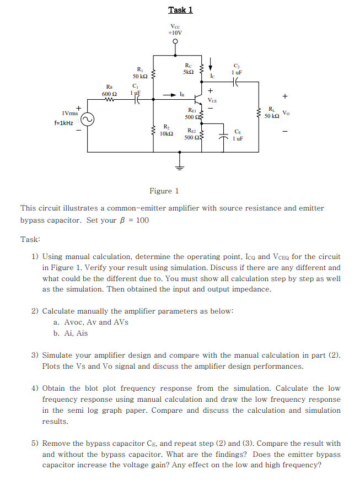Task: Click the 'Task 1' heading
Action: pyautogui.click(x=180, y=10)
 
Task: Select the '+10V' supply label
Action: pyautogui.click(x=175, y=33)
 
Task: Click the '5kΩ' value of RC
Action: pyautogui.click(x=188, y=72)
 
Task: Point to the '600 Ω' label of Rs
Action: pyautogui.click(x=109, y=93)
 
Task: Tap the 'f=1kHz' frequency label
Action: pyautogui.click(x=65, y=122)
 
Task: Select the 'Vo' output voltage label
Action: pyautogui.click(x=286, y=113)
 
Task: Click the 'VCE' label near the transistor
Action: pyautogui.click(x=212, y=100)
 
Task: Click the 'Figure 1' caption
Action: pyautogui.click(x=164, y=191)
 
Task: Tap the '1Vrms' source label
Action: pyautogui.click(x=69, y=112)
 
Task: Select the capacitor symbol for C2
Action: pyautogui.click(x=237, y=82)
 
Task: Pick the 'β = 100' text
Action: pyautogui.click(x=133, y=220)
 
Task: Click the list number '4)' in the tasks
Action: pyautogui.click(x=35, y=388)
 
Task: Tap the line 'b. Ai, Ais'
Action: pyautogui.click(x=71, y=333)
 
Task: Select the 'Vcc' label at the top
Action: pyautogui.click(x=175, y=25)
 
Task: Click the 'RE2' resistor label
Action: pyautogui.click(x=191, y=131)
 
